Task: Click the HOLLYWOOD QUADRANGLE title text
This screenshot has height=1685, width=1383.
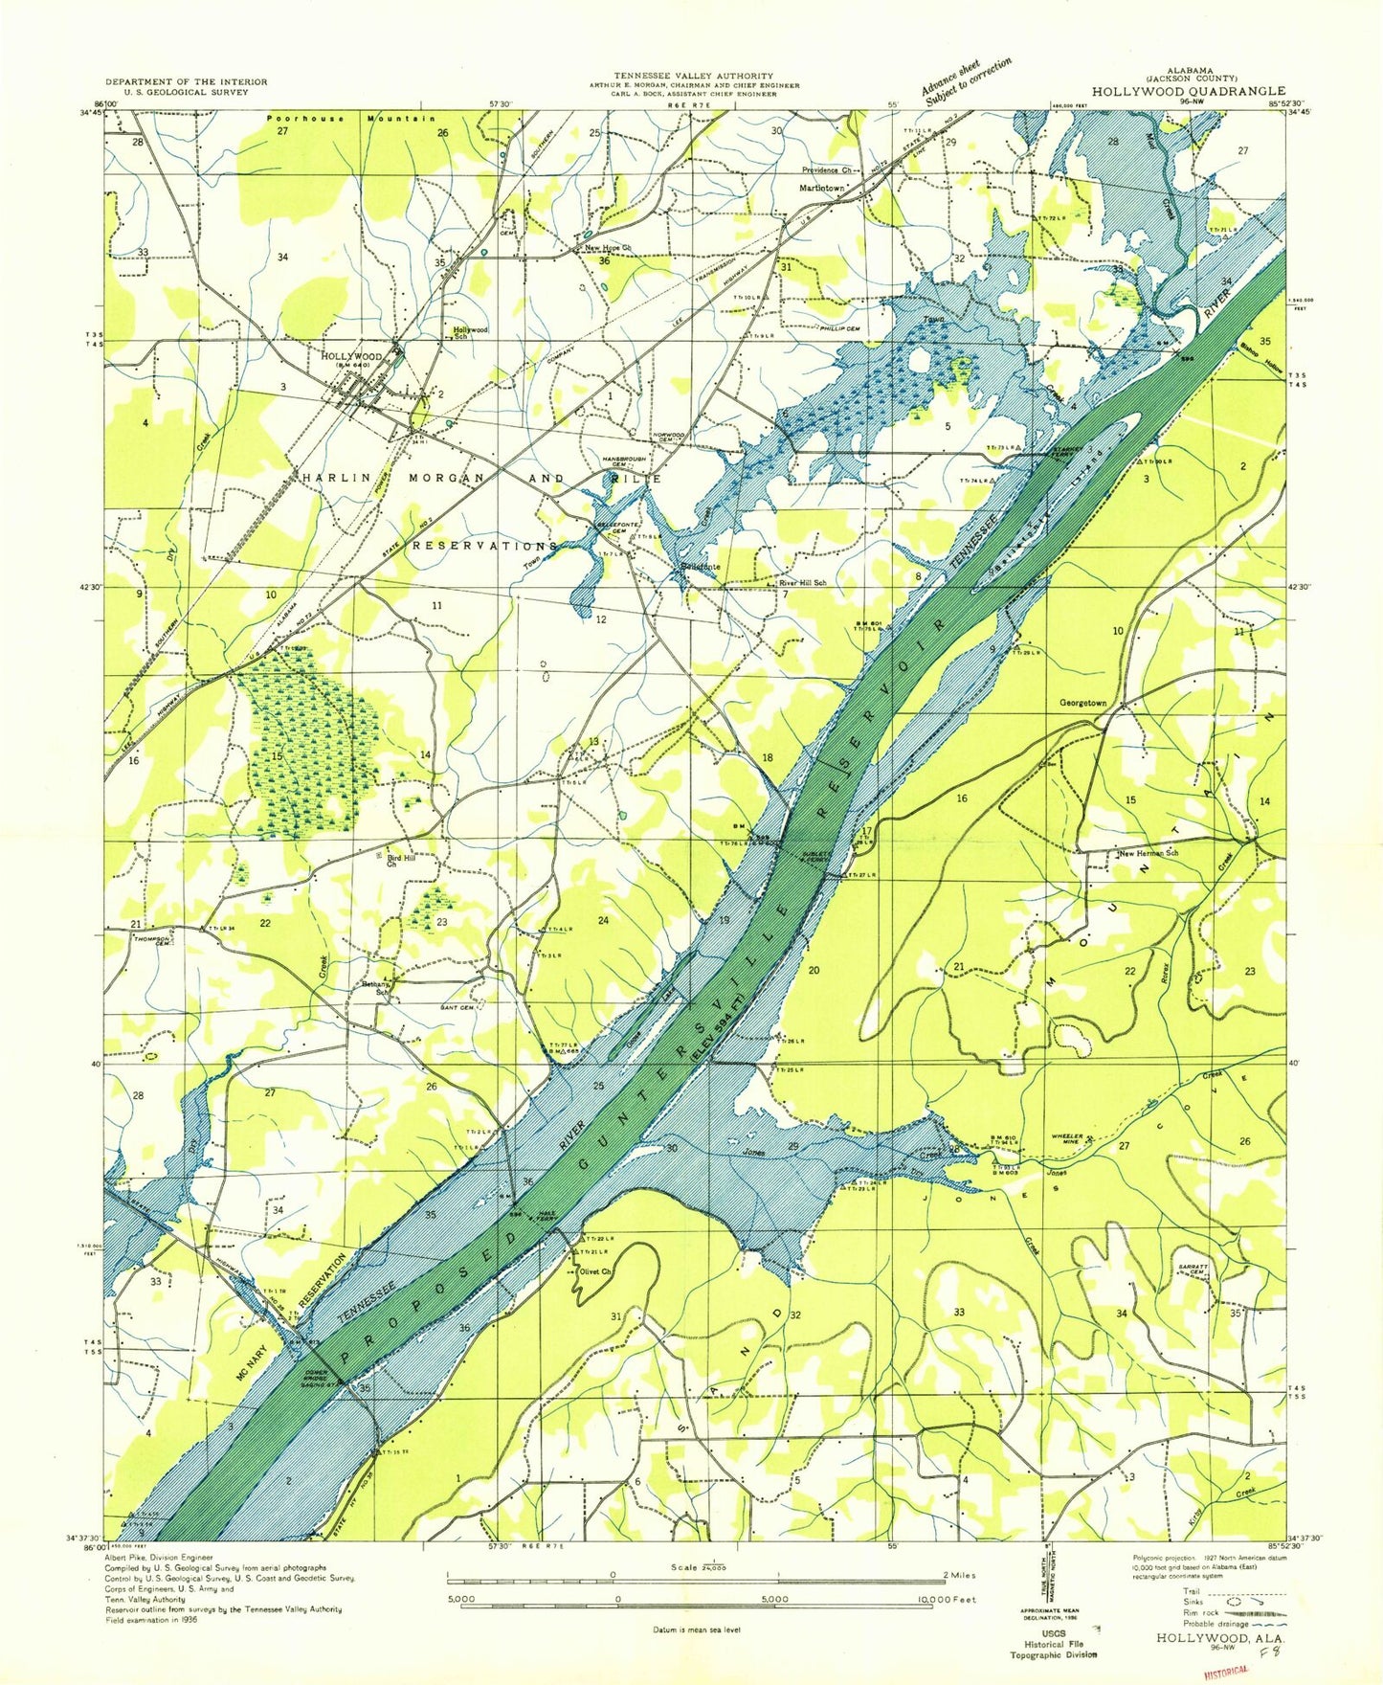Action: click(x=1181, y=90)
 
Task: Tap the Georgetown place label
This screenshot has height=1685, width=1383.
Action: click(x=1082, y=703)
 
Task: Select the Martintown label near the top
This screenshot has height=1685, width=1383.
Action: click(x=822, y=189)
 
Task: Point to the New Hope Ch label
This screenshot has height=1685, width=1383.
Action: click(x=608, y=248)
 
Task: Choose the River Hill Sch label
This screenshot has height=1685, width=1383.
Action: click(x=802, y=582)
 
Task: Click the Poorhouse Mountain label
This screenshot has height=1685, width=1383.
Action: click(x=350, y=119)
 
